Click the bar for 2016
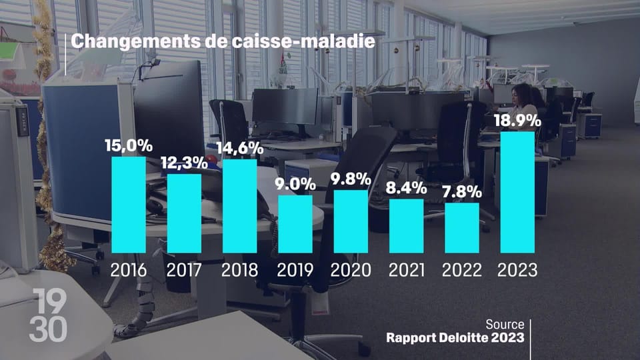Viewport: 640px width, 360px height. point(128,205)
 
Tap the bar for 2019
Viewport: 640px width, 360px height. point(295,224)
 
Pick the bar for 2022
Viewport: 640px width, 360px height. point(462,228)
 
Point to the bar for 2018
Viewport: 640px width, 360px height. point(239,206)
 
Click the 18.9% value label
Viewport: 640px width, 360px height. point(517,120)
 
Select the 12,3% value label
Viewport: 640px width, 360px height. point(184,162)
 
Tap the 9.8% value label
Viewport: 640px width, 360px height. point(351,179)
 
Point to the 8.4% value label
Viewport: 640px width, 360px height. point(406,188)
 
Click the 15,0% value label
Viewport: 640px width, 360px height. point(128,145)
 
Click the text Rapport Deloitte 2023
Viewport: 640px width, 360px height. point(455,337)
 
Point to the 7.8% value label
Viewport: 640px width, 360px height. point(462,192)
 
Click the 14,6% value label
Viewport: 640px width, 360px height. point(239,148)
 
